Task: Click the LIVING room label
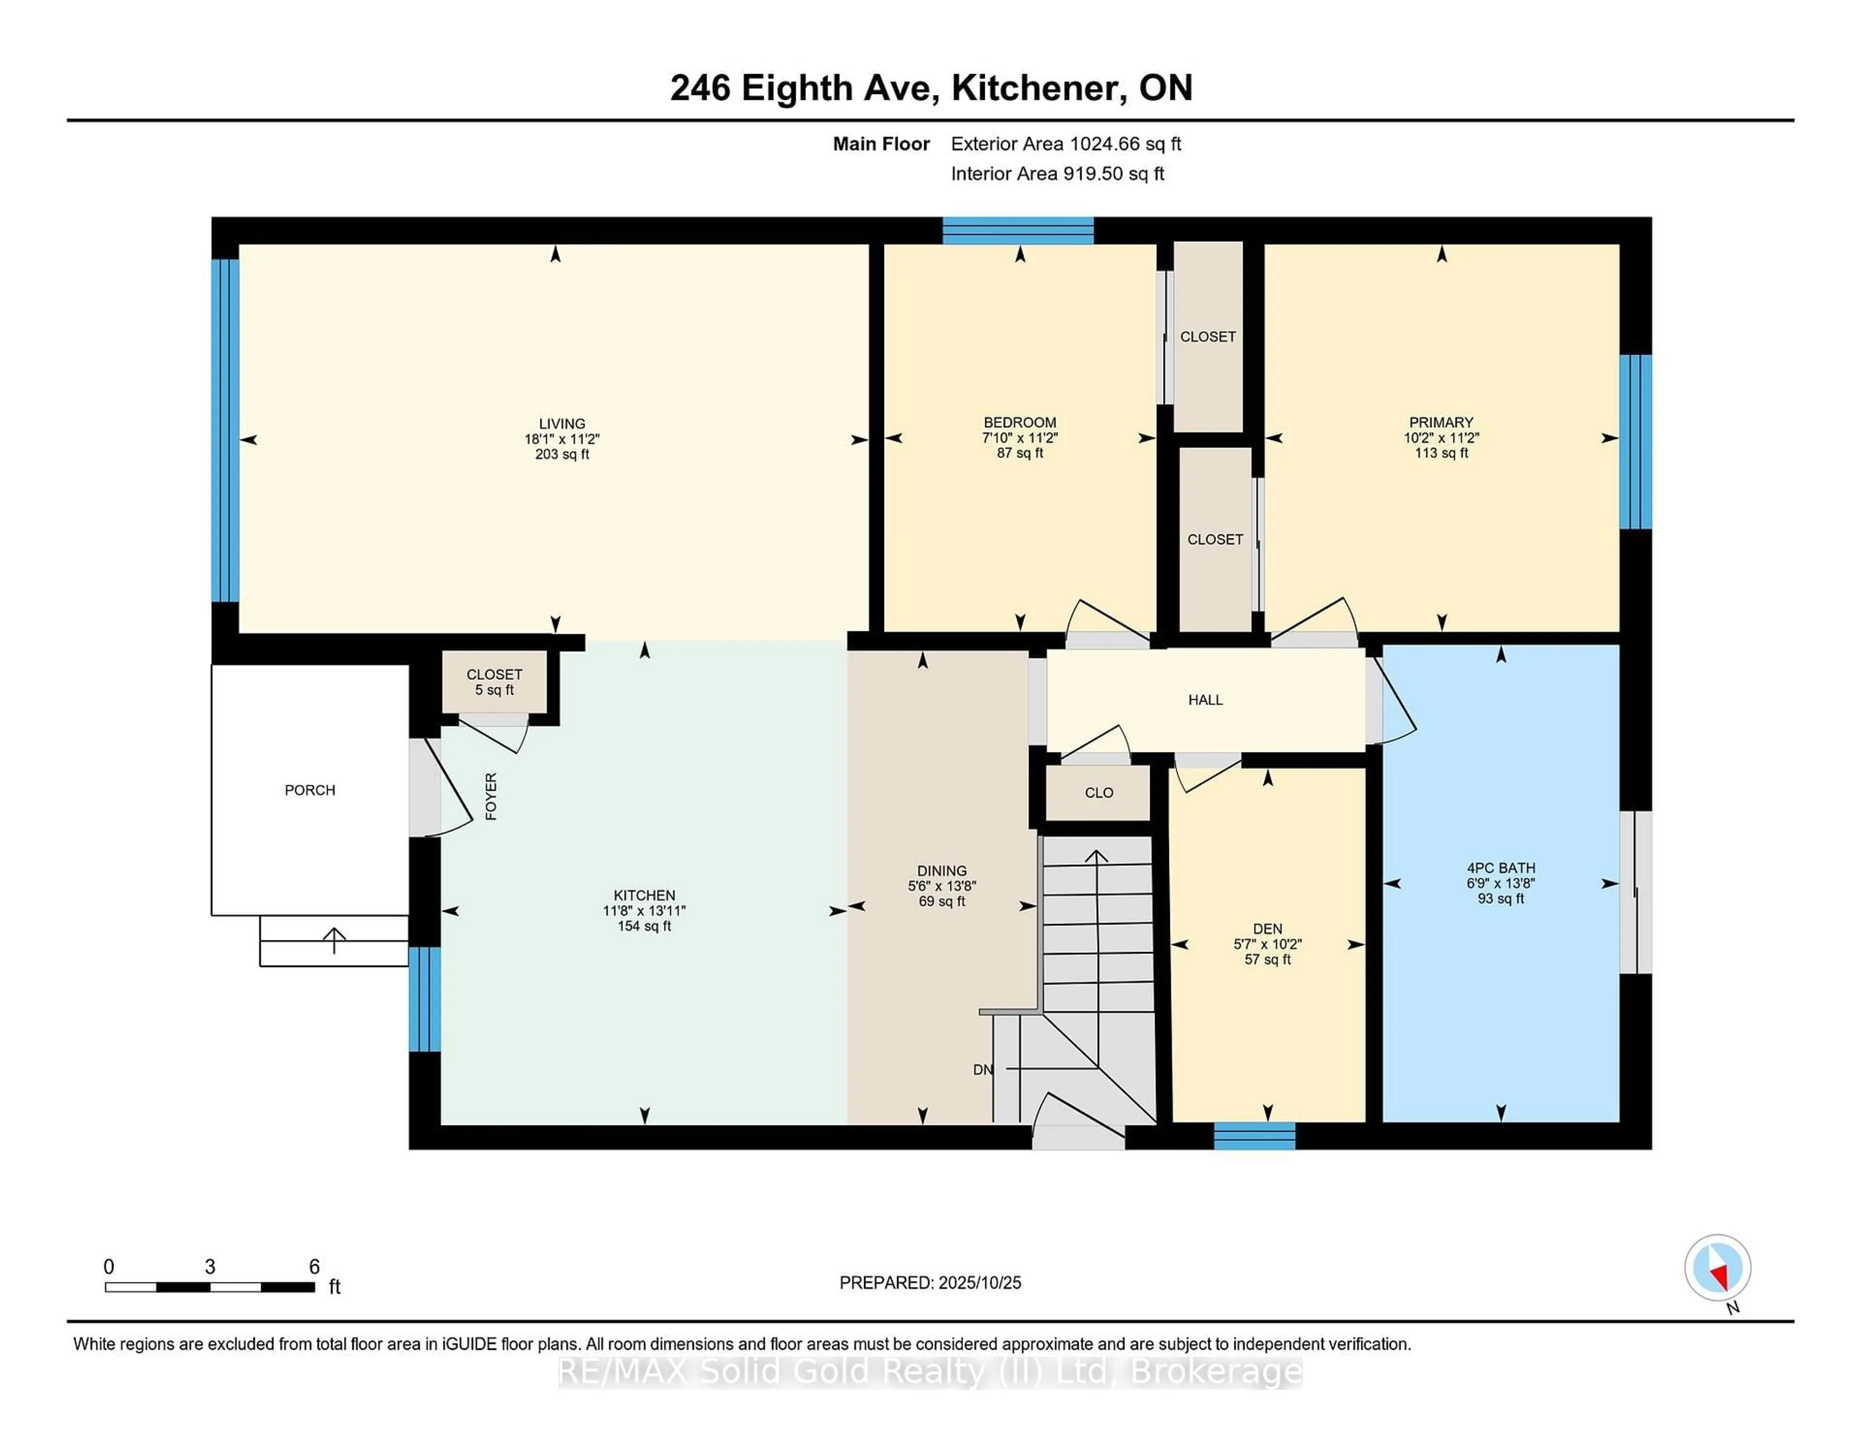click(562, 423)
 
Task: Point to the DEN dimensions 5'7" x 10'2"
click(1267, 944)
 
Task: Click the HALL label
click(1205, 700)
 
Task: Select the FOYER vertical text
click(491, 797)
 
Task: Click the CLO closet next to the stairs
click(1098, 792)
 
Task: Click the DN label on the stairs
click(982, 1069)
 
